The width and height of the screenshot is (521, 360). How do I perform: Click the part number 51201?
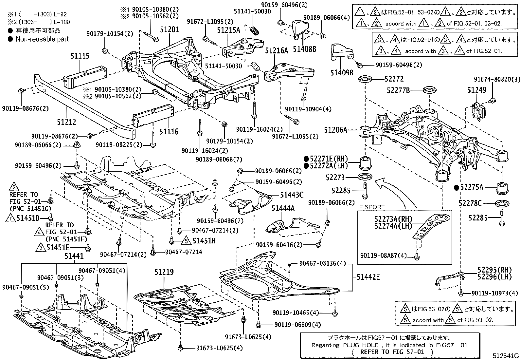pos(169,29)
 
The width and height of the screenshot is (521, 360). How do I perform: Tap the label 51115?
pos(80,56)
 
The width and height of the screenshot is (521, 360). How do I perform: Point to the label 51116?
pos(169,132)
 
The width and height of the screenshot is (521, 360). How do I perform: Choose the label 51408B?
pos(304,49)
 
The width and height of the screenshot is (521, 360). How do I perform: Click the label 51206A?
pos(335,130)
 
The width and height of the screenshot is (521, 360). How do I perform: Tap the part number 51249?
pos(476,90)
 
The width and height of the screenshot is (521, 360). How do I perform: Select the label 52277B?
pos(398,90)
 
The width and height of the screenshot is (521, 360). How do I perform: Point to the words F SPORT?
pos(371,207)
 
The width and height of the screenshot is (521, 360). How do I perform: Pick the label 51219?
pos(164,272)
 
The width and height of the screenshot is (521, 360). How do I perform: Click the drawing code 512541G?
pos(506,356)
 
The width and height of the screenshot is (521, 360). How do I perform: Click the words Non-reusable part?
pos(42,39)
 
